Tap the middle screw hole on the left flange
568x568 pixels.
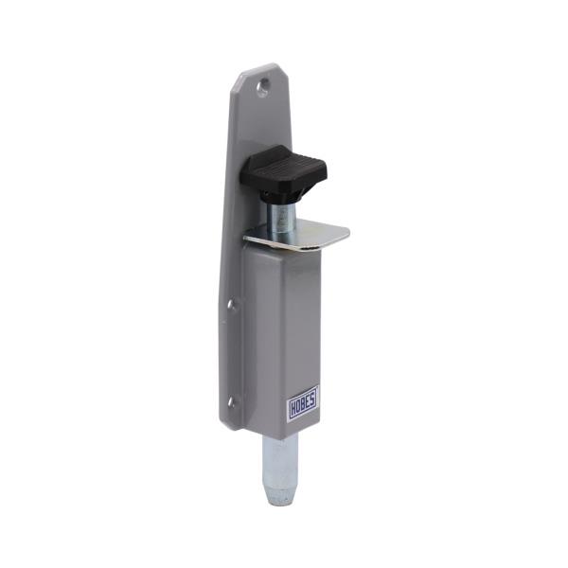[230, 304]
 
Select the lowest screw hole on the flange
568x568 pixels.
[230, 402]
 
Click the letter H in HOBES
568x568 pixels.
[292, 409]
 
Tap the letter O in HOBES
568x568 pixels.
[297, 408]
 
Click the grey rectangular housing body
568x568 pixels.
[289, 322]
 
